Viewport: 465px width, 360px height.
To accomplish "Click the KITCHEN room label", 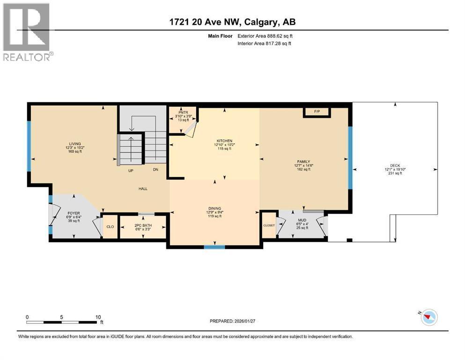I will pos(224,141).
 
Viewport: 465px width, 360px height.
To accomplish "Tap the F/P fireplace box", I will pos(317,112).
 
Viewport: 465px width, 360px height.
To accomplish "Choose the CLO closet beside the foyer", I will pos(110,227).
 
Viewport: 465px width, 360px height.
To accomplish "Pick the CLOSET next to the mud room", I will pos(269,225).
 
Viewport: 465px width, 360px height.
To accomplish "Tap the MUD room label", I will pos(302,220).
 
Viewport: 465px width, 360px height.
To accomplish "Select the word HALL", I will pos(143,188).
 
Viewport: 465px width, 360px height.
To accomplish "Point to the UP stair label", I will pos(132,170).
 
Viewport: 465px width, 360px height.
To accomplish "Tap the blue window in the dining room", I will pos(214,247).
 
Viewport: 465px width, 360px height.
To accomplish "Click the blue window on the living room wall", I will pos(29,146).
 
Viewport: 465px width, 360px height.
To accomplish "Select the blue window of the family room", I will pos(350,157).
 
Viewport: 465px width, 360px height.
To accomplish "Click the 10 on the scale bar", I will pos(98,317).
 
